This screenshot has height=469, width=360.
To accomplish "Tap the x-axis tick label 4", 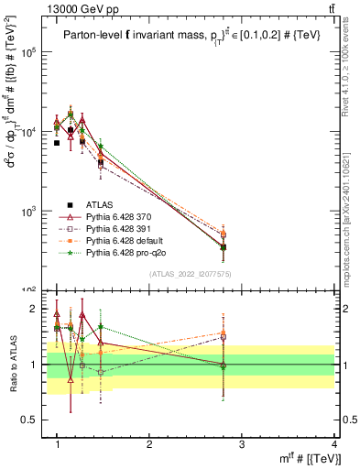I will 334,444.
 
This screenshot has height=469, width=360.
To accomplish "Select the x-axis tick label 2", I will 149,444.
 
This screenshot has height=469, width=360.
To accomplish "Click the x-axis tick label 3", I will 242,444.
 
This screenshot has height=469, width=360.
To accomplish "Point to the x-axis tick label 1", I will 57,444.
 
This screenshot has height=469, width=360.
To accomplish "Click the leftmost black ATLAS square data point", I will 57,143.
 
